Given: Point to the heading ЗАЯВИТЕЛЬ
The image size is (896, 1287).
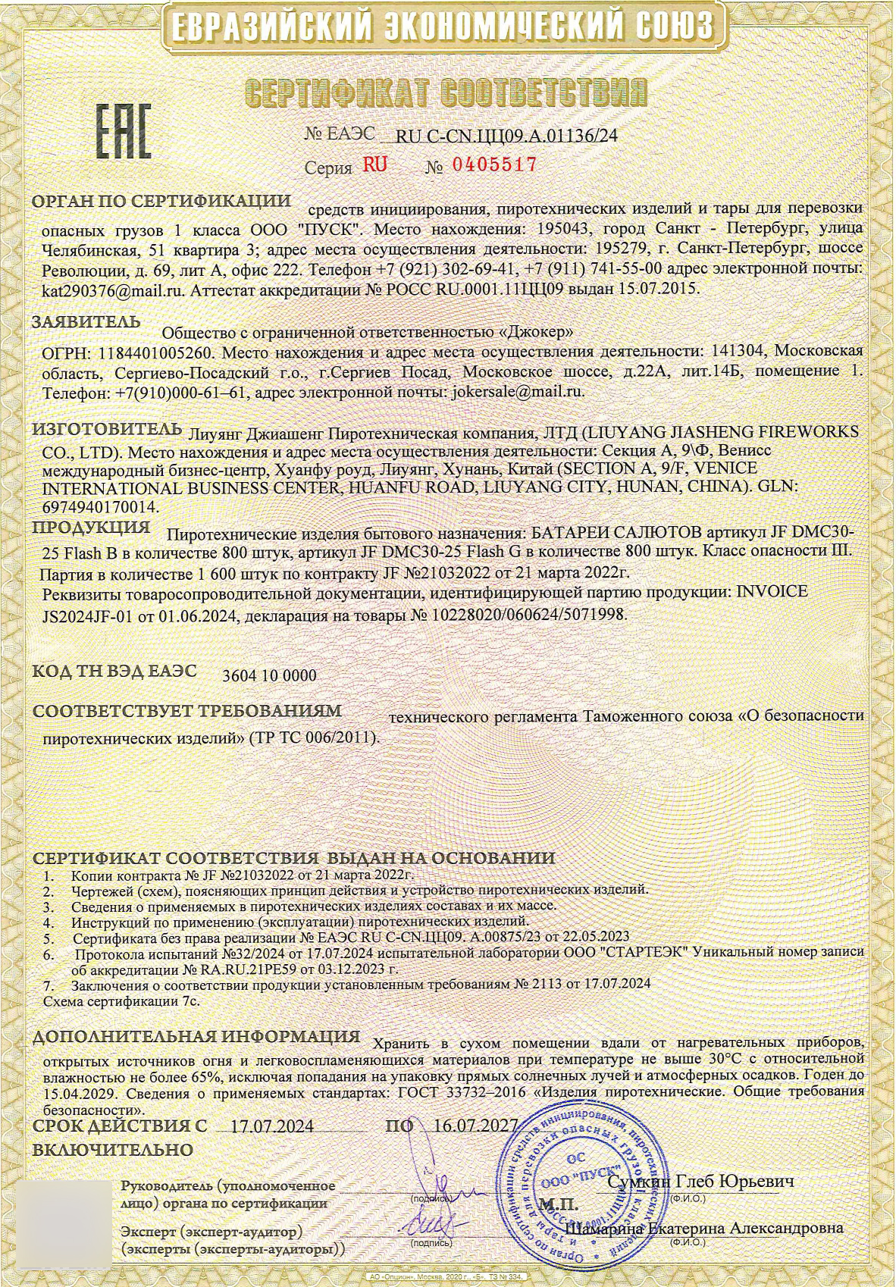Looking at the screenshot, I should click(86, 321).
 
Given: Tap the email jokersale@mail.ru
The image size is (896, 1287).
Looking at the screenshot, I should click(516, 392).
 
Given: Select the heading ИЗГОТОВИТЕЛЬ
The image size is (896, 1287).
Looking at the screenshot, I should click(107, 428).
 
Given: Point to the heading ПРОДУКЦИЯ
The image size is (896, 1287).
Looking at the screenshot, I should click(91, 527).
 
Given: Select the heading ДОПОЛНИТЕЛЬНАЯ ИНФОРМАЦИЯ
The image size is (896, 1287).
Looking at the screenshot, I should click(196, 1036).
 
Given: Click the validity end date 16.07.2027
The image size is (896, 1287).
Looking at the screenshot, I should click(470, 1126).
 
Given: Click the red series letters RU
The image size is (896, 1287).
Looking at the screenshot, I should click(374, 164).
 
